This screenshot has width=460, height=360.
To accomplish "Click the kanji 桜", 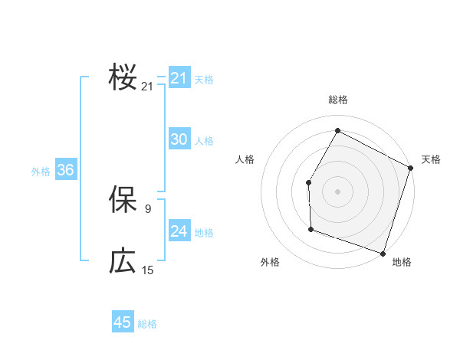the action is [x=123, y=79].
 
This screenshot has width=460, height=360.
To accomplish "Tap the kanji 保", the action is [x=123, y=200].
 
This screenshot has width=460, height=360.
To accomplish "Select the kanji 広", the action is [x=123, y=261].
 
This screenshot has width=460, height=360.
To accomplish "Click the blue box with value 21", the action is [x=179, y=78].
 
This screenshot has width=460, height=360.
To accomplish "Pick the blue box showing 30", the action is [x=179, y=139].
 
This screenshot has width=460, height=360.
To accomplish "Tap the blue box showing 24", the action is [x=179, y=231].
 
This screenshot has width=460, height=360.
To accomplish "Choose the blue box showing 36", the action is [x=65, y=170].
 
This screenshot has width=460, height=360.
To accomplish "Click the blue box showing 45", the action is [x=123, y=322].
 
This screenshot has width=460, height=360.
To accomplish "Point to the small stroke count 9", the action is [x=148, y=208].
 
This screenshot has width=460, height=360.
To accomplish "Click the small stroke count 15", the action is [x=148, y=270].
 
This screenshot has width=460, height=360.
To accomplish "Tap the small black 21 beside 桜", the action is [x=148, y=87].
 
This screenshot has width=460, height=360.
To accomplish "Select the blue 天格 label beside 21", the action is [x=204, y=80].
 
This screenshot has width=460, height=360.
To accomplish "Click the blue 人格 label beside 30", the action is [x=204, y=141].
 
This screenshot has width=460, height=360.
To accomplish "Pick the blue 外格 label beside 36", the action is [x=41, y=172].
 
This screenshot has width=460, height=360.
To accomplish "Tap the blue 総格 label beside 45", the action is [x=147, y=324].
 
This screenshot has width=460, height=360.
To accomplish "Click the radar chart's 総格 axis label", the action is [x=337, y=100].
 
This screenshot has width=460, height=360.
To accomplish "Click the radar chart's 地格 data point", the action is [x=383, y=253].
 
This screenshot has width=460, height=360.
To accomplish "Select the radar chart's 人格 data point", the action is [x=308, y=182].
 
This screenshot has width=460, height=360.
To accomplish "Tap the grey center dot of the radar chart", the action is [x=337, y=191].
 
